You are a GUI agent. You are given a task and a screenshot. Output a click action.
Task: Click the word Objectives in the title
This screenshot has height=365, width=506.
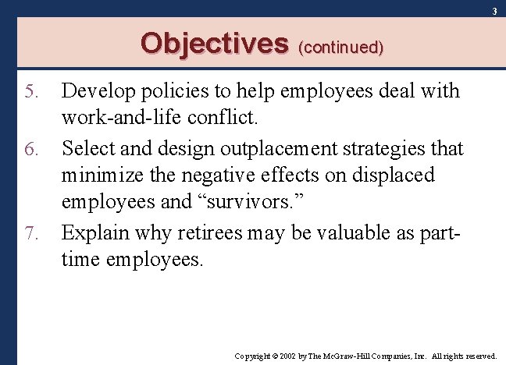tap(214, 43)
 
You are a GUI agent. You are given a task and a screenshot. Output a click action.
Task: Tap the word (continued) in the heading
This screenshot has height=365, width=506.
tap(340, 47)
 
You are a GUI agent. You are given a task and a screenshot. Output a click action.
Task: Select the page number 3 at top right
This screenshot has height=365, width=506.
tap(494, 10)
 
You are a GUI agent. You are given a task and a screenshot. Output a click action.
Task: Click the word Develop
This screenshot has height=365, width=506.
tap(95, 92)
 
